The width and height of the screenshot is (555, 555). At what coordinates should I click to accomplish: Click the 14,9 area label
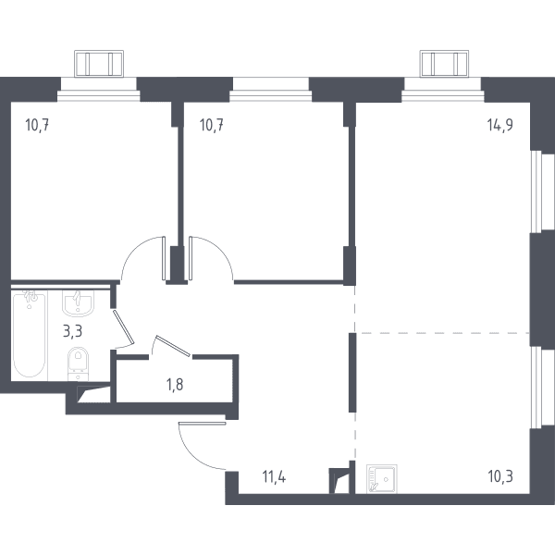pyautogui.click(x=499, y=125)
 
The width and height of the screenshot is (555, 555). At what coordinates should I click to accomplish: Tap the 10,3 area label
pyautogui.click(x=500, y=476)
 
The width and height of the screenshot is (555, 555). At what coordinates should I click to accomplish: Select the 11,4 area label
pyautogui.click(x=274, y=476)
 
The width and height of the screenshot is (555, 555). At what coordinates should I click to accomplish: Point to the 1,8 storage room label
pyautogui.click(x=175, y=385)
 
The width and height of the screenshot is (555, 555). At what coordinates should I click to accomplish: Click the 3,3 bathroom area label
pyautogui.click(x=72, y=332)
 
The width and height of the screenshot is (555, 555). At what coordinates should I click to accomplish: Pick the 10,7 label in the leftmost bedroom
pyautogui.click(x=37, y=125)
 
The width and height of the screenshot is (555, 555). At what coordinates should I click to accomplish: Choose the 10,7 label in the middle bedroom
pyautogui.click(x=211, y=125)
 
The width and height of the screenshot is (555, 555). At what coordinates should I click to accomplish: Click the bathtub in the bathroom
pyautogui.click(x=30, y=334)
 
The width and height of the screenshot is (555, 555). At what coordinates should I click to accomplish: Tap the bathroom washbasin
pyautogui.click(x=78, y=303)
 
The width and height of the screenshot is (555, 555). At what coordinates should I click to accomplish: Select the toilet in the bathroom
pyautogui.click(x=78, y=363)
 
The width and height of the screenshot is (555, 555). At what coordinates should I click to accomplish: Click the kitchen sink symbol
pyautogui.click(x=381, y=479)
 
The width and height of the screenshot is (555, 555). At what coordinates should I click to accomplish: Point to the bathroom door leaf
pyautogui.click(x=124, y=327)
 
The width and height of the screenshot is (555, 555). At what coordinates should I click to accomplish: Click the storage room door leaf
pyautogui.click(x=173, y=345)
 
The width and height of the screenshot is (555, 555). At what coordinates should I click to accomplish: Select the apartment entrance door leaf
pyautogui.click(x=202, y=423)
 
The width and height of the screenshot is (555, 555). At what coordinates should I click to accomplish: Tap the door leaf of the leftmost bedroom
pyautogui.click(x=164, y=258)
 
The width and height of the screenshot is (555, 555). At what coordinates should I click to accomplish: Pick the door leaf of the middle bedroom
pyautogui.click(x=191, y=258)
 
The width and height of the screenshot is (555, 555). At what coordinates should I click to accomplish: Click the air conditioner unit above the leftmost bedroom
pyautogui.click(x=99, y=64)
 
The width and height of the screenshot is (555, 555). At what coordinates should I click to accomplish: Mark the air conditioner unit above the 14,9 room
pyautogui.click(x=444, y=64)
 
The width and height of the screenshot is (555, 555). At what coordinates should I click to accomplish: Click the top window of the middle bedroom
pyautogui.click(x=271, y=90)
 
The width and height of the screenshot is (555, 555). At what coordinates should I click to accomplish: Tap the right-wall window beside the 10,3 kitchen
pyautogui.click(x=541, y=388)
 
